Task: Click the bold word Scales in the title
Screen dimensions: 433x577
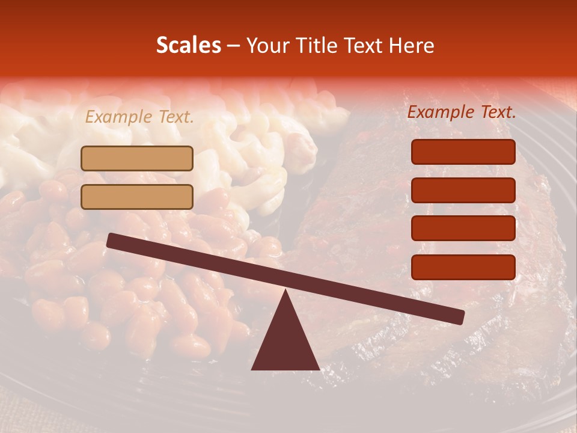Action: (x=188, y=45)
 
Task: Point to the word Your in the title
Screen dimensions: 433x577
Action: (x=267, y=45)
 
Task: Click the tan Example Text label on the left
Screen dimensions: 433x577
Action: (x=139, y=117)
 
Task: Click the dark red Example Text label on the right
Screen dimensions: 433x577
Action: (x=462, y=112)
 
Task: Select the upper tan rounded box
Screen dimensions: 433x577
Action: (x=137, y=159)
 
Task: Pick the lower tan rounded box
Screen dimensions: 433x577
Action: (x=137, y=197)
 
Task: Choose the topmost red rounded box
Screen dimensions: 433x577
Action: (x=463, y=152)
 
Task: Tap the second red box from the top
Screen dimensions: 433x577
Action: (x=463, y=190)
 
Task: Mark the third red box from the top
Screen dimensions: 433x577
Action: (x=463, y=229)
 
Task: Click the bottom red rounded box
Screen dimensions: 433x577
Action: (x=463, y=267)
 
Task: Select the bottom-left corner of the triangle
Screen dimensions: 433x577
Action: (x=252, y=369)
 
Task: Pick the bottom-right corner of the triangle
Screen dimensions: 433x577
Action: (x=319, y=369)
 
